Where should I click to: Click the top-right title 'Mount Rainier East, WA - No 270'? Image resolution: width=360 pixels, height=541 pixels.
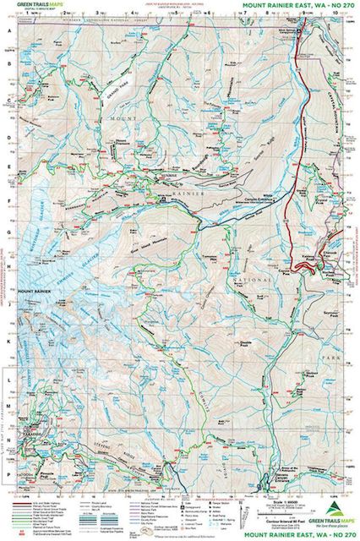[292, 5]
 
